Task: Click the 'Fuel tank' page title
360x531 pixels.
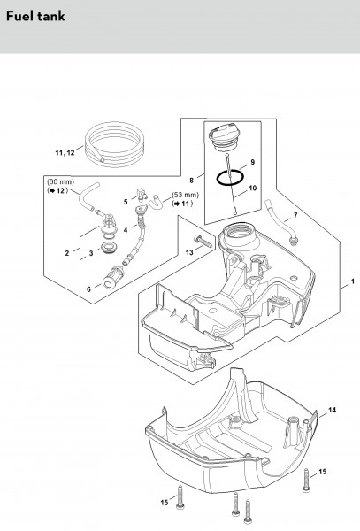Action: (x=35, y=16)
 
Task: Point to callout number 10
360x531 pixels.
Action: (x=253, y=188)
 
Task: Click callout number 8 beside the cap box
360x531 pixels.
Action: (x=192, y=181)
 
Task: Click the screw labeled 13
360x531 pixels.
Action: (x=203, y=241)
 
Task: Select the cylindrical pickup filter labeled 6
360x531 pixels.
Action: (x=113, y=277)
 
